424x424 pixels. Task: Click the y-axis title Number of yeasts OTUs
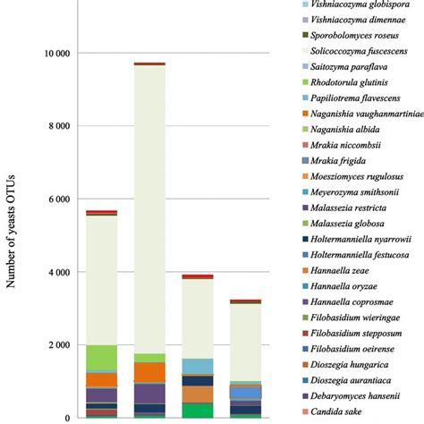click(13, 235)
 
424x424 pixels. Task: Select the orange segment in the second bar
click(149, 371)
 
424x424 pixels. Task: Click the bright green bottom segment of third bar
click(197, 410)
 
